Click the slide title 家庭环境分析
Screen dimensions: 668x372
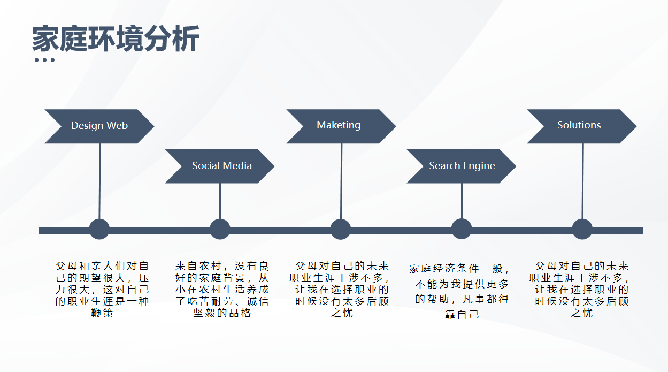pos(116,39)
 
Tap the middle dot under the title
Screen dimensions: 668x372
pos(45,60)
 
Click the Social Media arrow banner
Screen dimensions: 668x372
pos(220,166)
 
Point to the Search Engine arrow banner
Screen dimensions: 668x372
pos(462,166)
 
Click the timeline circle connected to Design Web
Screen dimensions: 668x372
pos(99,229)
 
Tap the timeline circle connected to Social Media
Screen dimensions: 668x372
pos(220,229)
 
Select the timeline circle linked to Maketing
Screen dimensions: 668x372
pos(341,229)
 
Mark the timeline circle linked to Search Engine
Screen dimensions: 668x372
pos(462,229)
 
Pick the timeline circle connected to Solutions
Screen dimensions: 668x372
pos(582,229)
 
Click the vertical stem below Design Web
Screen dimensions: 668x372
pos(99,181)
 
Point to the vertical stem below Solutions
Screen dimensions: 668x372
pos(583,181)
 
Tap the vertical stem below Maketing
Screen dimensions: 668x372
pos(341,181)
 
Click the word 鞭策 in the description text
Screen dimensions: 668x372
pos(102,313)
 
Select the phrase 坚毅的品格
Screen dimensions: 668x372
pos(222,313)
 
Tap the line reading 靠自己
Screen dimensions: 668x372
pos(462,314)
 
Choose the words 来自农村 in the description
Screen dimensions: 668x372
pos(198,265)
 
